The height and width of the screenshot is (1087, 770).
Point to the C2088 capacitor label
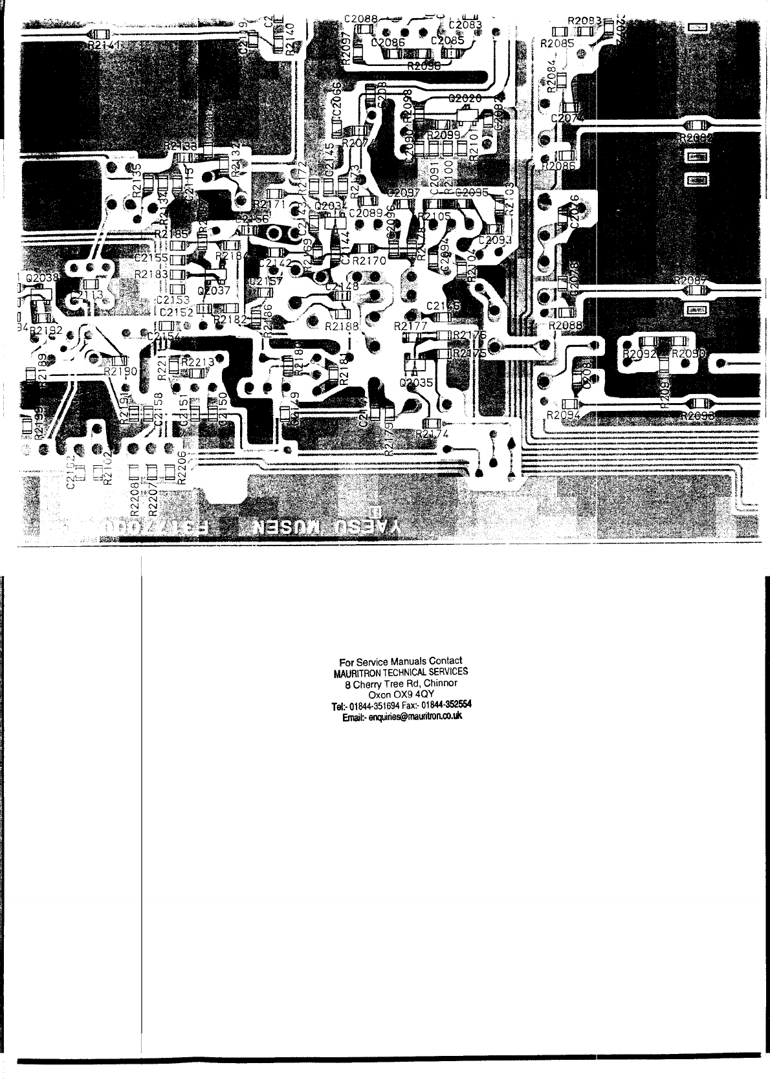click(x=360, y=19)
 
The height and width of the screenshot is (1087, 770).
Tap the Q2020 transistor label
click(x=465, y=99)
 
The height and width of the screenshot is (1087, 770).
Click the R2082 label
click(x=696, y=138)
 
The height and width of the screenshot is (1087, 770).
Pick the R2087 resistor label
click(x=692, y=280)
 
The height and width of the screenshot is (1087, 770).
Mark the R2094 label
click(x=562, y=415)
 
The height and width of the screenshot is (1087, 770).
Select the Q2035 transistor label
click(x=416, y=383)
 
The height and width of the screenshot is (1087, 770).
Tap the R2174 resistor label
click(x=432, y=433)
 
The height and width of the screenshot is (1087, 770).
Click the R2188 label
click(x=342, y=327)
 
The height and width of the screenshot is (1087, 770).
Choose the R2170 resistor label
click(x=369, y=261)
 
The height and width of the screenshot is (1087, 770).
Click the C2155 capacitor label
click(x=152, y=258)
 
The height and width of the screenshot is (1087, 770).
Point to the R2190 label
click(x=120, y=372)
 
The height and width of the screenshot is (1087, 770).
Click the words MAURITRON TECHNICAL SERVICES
click(x=401, y=672)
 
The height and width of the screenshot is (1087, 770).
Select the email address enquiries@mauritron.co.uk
click(x=401, y=717)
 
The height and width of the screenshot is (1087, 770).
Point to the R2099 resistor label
click(x=443, y=135)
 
